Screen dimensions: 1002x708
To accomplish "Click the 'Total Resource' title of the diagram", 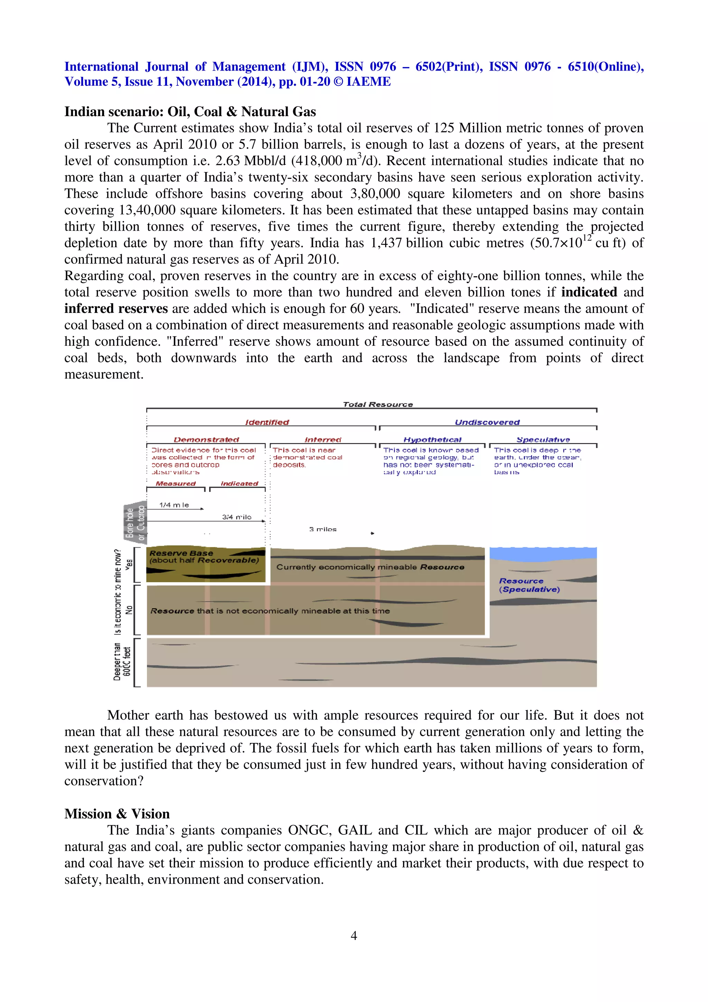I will pos(378,404).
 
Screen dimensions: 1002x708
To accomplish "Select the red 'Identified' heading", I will pos(267,422).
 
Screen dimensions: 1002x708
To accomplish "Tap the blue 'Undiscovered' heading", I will pos(487,422).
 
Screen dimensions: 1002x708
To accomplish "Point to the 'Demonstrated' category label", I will pos(206,439).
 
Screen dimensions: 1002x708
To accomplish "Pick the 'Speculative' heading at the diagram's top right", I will pos(543,439).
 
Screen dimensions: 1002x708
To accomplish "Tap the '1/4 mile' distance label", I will pos(174,505).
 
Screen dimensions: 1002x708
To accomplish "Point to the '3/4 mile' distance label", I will pos(236,517).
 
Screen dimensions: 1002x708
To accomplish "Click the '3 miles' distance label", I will pos(323,529).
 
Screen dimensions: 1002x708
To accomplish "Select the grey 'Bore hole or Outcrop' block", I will pos(135,522).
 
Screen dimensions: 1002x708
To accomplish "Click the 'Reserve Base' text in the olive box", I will pos(181,553).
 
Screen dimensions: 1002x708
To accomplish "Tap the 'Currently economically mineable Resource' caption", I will pos(370,567).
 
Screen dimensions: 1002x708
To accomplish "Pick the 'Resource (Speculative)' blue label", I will pos(529,585).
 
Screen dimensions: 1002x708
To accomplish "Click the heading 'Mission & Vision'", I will pos(117,814).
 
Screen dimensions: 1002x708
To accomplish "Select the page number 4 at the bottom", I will pos(354,935).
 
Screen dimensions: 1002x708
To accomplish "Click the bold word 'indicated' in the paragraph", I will pos(588,292).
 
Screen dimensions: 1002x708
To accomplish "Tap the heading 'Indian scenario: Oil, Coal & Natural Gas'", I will pos(190,112).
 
